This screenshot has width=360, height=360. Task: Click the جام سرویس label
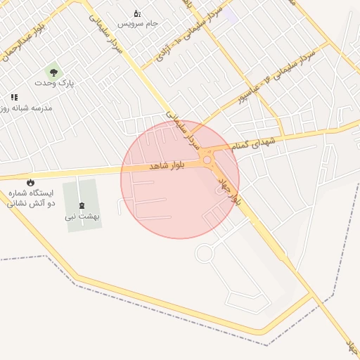[138, 23]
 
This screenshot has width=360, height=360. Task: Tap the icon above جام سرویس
[137, 13]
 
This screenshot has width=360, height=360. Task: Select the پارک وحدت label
[54, 82]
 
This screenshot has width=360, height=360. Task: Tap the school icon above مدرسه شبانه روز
[13, 98]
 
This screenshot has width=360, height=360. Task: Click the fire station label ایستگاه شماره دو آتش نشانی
[29, 198]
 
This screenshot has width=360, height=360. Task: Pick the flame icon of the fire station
[30, 182]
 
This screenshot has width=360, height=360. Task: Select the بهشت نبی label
[82, 217]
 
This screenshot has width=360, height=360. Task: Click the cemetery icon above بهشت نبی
[82, 205]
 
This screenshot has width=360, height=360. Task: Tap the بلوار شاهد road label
[167, 166]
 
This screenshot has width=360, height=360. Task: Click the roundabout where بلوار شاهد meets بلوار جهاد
[207, 161]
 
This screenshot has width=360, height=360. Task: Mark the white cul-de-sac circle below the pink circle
[204, 253]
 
